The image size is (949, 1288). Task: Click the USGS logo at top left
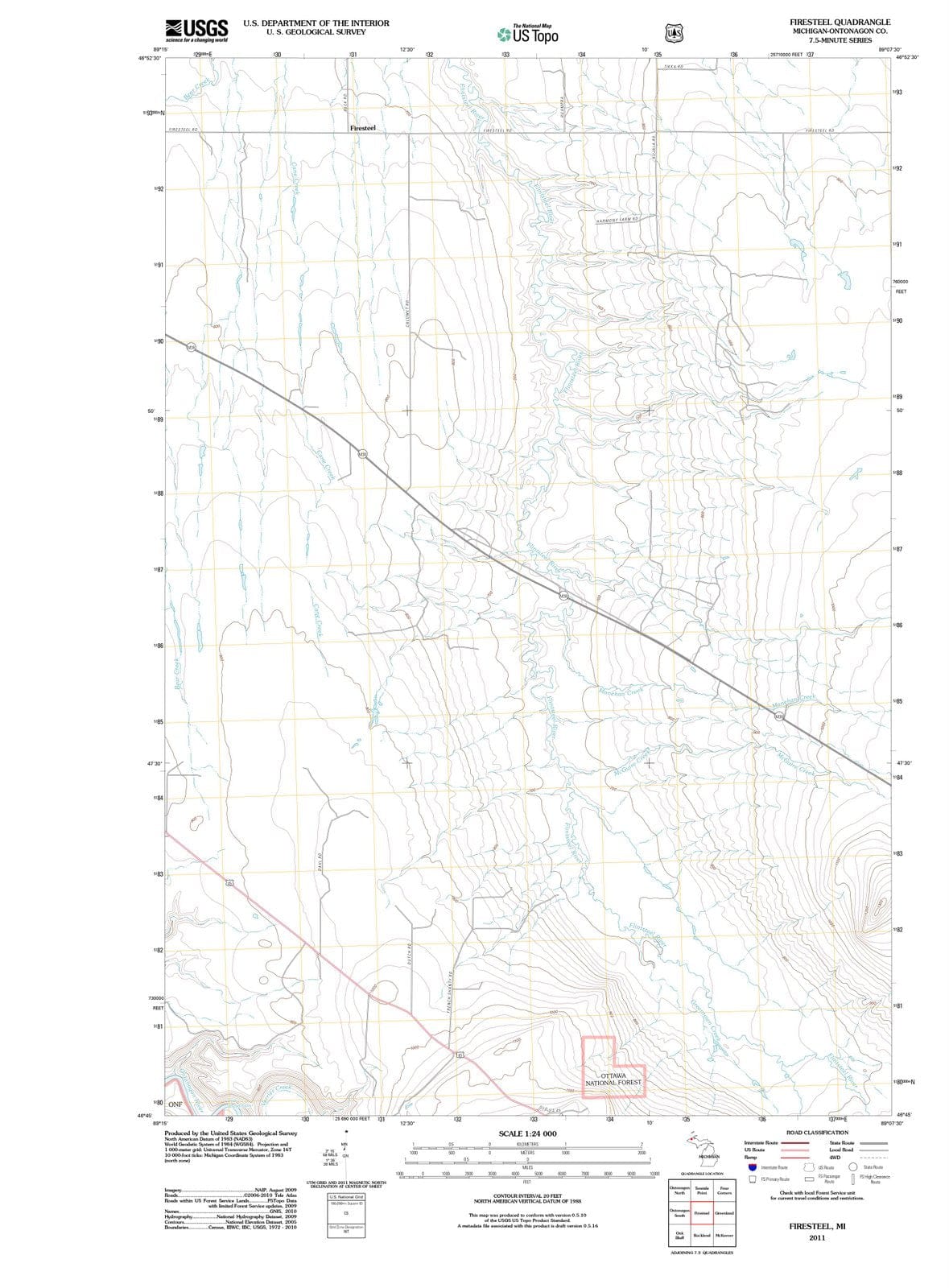pos(196,30)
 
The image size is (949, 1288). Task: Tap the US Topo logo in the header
pos(528,35)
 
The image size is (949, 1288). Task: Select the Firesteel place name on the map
pos(362,128)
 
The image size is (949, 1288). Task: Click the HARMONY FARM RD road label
pos(617,220)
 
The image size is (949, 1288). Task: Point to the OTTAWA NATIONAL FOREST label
pos(613,1080)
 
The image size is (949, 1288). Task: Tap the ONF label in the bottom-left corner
pos(175,1104)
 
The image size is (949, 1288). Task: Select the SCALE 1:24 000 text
pos(527,1133)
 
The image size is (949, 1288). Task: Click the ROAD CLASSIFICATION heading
pos(816,1132)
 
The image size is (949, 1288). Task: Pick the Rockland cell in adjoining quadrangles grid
pos(701,1235)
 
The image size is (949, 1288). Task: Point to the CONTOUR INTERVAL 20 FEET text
pos(527,1195)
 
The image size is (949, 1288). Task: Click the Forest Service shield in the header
pos(674,33)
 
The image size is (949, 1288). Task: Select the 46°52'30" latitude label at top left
pos(150,57)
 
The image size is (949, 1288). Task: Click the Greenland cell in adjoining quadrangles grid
pos(724,1212)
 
